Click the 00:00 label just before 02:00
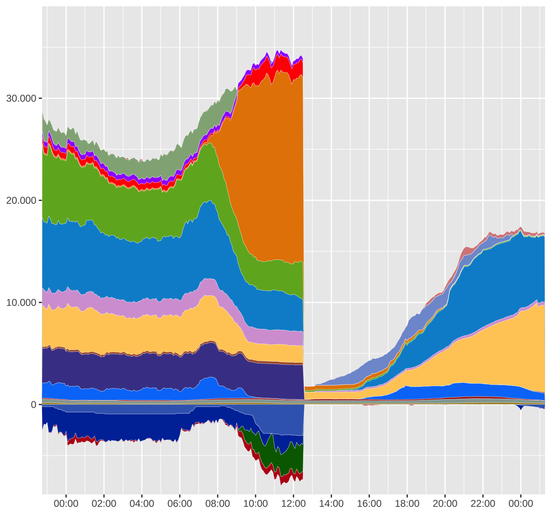point(66,504)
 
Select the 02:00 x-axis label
point(104,504)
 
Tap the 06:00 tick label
point(180,504)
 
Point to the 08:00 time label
point(218,504)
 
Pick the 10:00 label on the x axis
point(256,504)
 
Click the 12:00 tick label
point(293,504)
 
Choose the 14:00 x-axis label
point(331,504)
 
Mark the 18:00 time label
point(407,504)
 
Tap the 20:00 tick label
point(445,504)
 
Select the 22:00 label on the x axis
point(483,504)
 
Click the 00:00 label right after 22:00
point(521,504)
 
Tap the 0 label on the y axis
point(33,405)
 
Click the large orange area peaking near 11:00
point(269,168)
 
